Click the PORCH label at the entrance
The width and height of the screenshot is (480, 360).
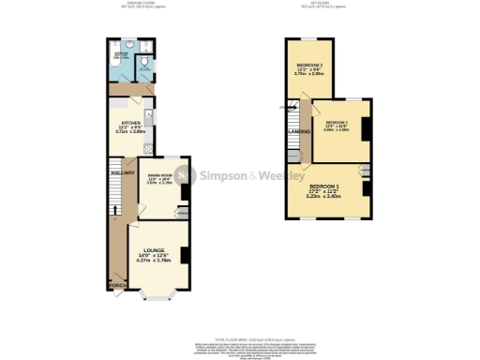[115, 285]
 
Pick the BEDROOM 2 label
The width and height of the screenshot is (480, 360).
[337, 123]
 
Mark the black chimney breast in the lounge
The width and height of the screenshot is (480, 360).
[187, 253]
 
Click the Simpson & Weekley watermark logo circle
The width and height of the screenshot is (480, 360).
[186, 175]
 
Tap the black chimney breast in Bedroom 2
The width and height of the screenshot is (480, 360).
[367, 127]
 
